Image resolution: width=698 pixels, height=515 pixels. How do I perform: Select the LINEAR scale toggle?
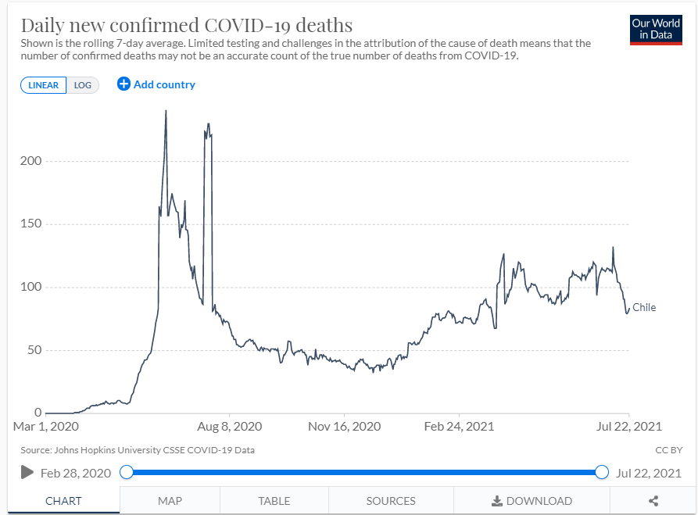[44, 85]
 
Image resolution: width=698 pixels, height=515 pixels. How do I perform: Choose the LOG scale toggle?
[83, 85]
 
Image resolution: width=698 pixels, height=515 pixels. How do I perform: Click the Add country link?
[156, 84]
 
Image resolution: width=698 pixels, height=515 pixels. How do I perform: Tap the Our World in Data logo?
[656, 29]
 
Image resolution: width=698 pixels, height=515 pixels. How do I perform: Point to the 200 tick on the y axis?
[30, 161]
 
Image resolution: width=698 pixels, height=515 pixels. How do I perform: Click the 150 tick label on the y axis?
[30, 224]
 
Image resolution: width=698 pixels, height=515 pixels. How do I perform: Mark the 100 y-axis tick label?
[30, 287]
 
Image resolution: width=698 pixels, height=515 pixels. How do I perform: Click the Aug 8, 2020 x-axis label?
[230, 427]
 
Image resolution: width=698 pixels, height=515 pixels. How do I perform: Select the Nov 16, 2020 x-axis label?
[345, 427]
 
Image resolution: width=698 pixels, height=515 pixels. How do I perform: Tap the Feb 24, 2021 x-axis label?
[460, 427]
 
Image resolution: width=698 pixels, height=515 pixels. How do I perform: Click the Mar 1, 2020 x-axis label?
[46, 427]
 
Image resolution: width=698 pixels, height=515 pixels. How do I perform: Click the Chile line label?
[644, 308]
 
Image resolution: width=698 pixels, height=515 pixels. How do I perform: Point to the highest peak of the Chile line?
[166, 111]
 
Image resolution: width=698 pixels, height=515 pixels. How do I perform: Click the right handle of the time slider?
[602, 472]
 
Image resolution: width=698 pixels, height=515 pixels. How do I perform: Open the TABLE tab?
[274, 501]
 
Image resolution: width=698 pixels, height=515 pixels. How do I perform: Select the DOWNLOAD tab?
[532, 501]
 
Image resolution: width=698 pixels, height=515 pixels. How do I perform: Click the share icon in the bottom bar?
[653, 501]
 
